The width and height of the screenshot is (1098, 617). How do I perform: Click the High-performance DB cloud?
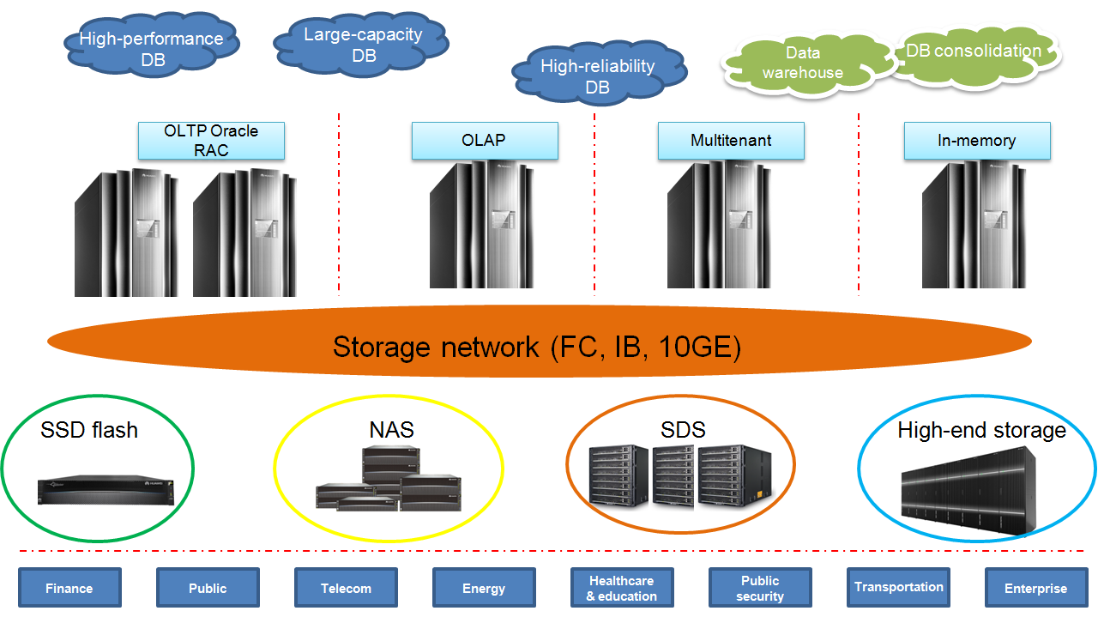151,49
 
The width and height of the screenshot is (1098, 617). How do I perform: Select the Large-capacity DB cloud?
363,45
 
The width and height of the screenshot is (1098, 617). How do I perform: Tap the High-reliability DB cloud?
597,76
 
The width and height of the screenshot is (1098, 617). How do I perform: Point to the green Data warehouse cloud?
803,64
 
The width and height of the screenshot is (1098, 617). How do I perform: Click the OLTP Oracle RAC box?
211,141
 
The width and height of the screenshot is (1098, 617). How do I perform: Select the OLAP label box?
485,141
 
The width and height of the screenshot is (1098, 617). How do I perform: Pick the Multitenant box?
731,141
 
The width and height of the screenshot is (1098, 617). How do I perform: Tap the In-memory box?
977,141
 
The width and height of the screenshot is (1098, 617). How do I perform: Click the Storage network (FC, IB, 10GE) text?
536,348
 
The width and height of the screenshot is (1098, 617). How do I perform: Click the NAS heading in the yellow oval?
391,429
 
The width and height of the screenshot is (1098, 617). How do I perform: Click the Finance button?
69,588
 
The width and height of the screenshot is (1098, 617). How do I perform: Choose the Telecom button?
346,588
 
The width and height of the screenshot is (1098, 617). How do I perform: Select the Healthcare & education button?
622,588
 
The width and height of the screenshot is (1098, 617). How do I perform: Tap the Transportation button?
898,588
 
